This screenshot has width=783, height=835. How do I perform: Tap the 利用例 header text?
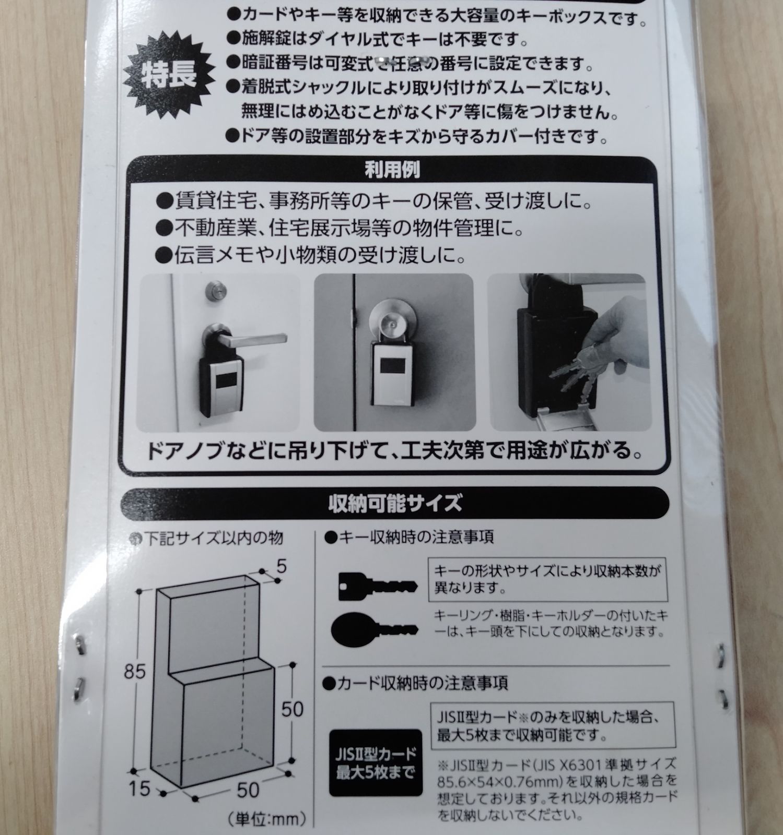(x=392, y=171)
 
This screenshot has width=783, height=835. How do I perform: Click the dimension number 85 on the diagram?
(x=135, y=672)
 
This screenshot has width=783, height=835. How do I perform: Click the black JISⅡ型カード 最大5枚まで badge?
(x=376, y=762)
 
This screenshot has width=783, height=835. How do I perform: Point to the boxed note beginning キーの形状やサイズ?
(x=547, y=579)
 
